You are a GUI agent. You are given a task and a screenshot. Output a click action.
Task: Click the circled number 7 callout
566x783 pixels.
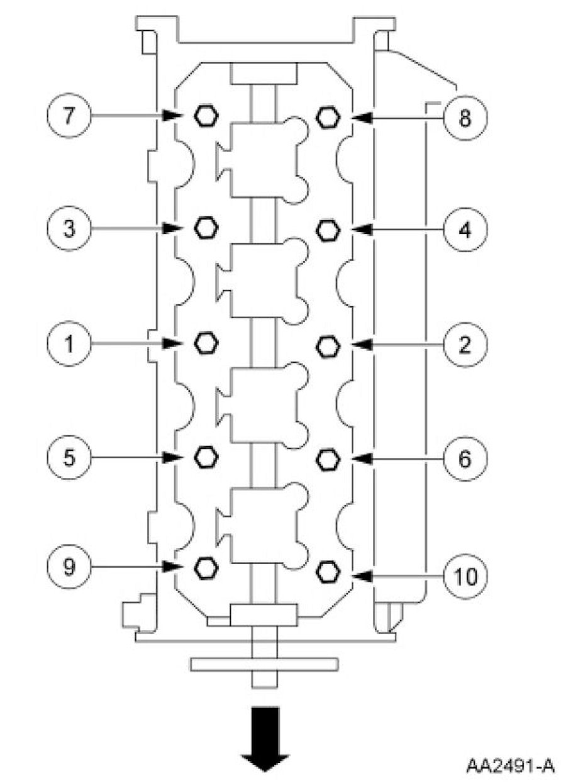(x=69, y=116)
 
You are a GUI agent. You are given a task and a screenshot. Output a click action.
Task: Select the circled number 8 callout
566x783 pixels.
(x=464, y=117)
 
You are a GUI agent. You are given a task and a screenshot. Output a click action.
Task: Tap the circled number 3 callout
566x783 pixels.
(x=69, y=228)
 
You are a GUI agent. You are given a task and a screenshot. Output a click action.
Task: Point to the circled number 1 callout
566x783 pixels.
(x=69, y=343)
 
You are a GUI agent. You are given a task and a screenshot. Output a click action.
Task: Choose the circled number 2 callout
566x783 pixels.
(x=464, y=345)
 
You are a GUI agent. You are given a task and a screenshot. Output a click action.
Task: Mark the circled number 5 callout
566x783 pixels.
(x=69, y=457)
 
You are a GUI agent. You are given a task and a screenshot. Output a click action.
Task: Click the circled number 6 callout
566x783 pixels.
(x=464, y=460)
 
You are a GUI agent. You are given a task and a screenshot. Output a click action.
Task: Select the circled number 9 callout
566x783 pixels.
(x=69, y=567)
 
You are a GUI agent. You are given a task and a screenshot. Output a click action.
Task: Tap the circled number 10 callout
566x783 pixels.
(x=464, y=574)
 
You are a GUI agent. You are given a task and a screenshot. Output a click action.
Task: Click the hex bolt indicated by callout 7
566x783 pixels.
(x=204, y=116)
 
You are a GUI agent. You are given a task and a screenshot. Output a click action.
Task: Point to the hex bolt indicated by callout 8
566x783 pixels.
(x=326, y=116)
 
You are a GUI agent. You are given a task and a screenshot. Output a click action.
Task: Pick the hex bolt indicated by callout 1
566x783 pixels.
(x=204, y=343)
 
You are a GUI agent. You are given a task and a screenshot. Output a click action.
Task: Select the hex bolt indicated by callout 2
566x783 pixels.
(x=326, y=345)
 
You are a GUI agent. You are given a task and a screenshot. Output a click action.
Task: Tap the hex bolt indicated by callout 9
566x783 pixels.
(x=204, y=567)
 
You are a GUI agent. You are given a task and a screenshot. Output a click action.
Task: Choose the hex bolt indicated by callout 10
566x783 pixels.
(x=326, y=571)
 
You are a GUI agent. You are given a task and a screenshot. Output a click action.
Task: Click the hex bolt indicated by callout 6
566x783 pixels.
(x=326, y=460)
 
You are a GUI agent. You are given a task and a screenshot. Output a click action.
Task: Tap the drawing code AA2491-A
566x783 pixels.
(x=510, y=765)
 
